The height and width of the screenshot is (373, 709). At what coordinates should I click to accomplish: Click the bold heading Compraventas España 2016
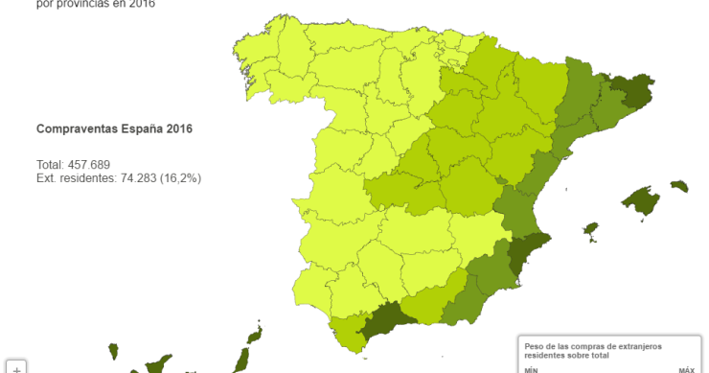[x=114, y=128]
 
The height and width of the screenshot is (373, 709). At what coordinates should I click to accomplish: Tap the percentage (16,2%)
[x=180, y=177]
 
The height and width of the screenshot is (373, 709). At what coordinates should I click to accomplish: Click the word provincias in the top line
[x=80, y=4]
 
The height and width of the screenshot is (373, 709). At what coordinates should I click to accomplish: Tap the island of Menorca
[x=680, y=185]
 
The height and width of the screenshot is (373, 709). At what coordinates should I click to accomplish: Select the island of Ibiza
[x=591, y=231]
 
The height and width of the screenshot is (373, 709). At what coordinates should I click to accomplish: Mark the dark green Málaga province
[x=390, y=319]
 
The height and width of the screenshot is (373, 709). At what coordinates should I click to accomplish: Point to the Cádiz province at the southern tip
[x=349, y=330]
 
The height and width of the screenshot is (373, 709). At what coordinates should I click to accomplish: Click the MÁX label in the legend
[x=686, y=369]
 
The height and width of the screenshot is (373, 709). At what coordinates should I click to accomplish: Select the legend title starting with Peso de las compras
[x=592, y=349]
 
